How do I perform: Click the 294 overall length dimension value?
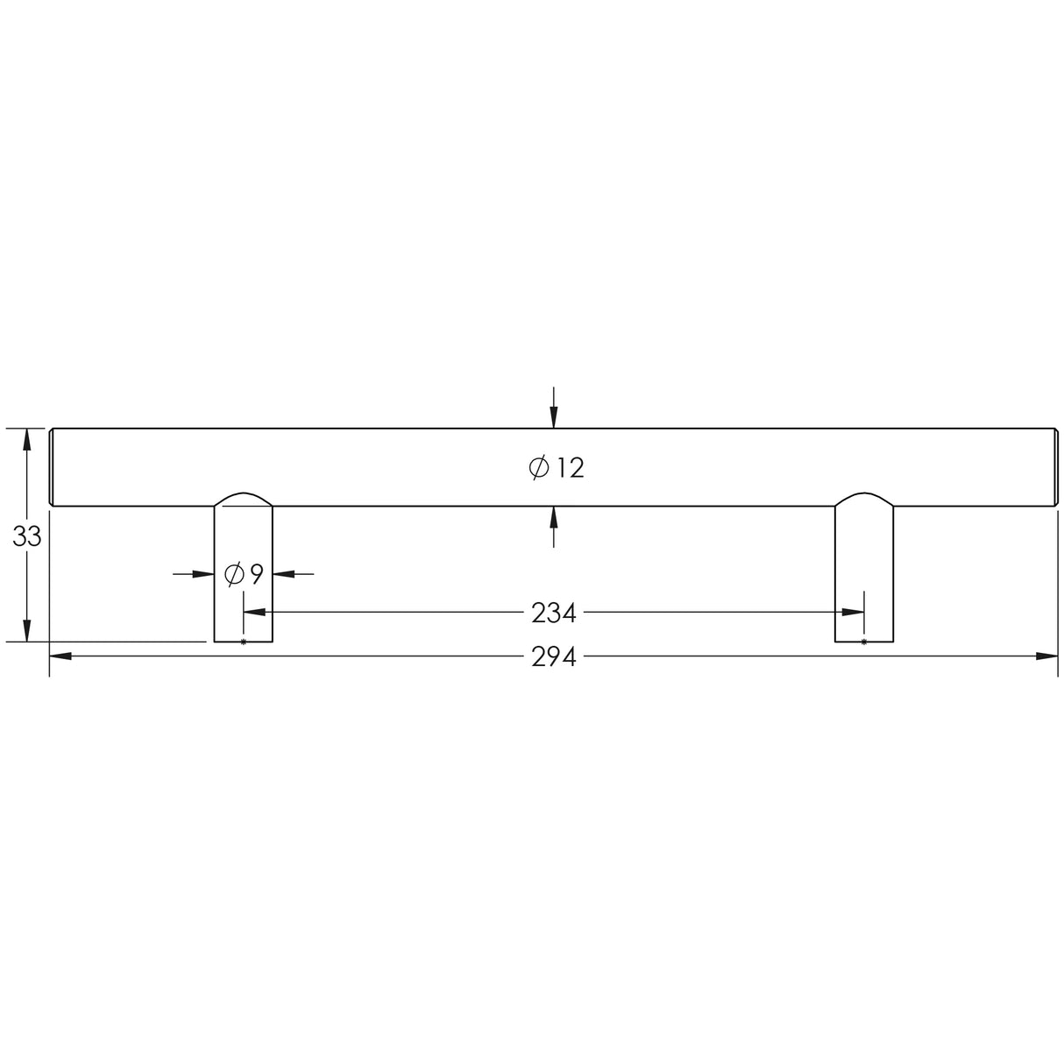click(x=554, y=656)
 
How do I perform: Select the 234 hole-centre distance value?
click(x=554, y=614)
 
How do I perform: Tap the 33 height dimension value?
click(x=27, y=536)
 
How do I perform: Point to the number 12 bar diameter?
click(x=569, y=468)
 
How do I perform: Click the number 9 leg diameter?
click(x=256, y=575)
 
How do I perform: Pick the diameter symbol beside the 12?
click(x=539, y=468)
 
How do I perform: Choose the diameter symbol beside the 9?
click(x=234, y=575)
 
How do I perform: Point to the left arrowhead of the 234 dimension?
click(x=254, y=613)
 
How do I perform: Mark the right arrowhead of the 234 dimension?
click(x=853, y=613)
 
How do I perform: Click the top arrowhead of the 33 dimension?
click(x=27, y=439)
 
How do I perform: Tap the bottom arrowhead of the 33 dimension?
click(x=27, y=631)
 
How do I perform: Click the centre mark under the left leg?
click(x=244, y=642)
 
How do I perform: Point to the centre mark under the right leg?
click(x=864, y=642)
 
